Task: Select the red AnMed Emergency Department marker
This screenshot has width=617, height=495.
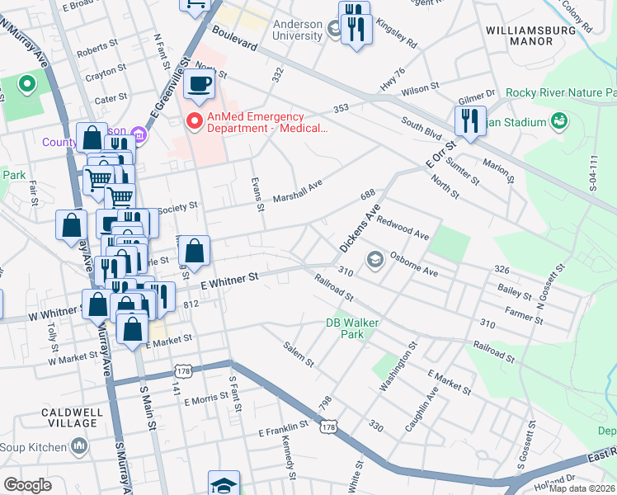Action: click(195, 122)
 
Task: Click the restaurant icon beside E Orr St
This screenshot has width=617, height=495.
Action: click(468, 120)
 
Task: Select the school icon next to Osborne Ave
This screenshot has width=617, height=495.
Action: click(375, 261)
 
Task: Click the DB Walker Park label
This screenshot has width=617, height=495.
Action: click(345, 328)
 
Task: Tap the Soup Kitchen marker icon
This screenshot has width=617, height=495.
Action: click(80, 447)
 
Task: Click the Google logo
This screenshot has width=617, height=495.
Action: click(27, 485)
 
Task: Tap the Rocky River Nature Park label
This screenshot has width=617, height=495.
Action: click(561, 92)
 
